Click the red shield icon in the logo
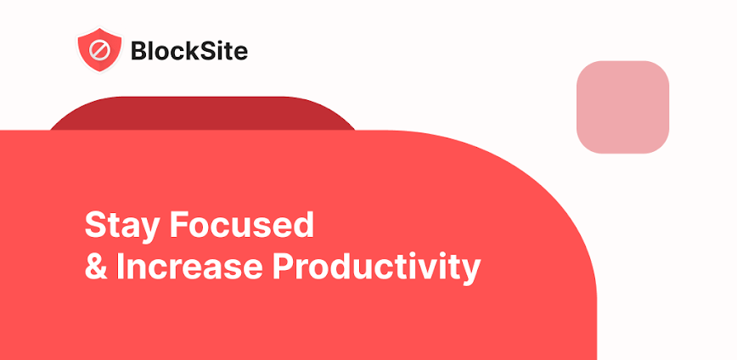click(99, 50)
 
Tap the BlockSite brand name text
click(188, 51)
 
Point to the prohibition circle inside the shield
click(99, 49)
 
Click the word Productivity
click(376, 267)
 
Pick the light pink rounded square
click(622, 107)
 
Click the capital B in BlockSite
click(138, 51)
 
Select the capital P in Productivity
click(282, 267)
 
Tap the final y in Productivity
click(471, 270)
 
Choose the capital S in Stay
click(94, 226)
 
